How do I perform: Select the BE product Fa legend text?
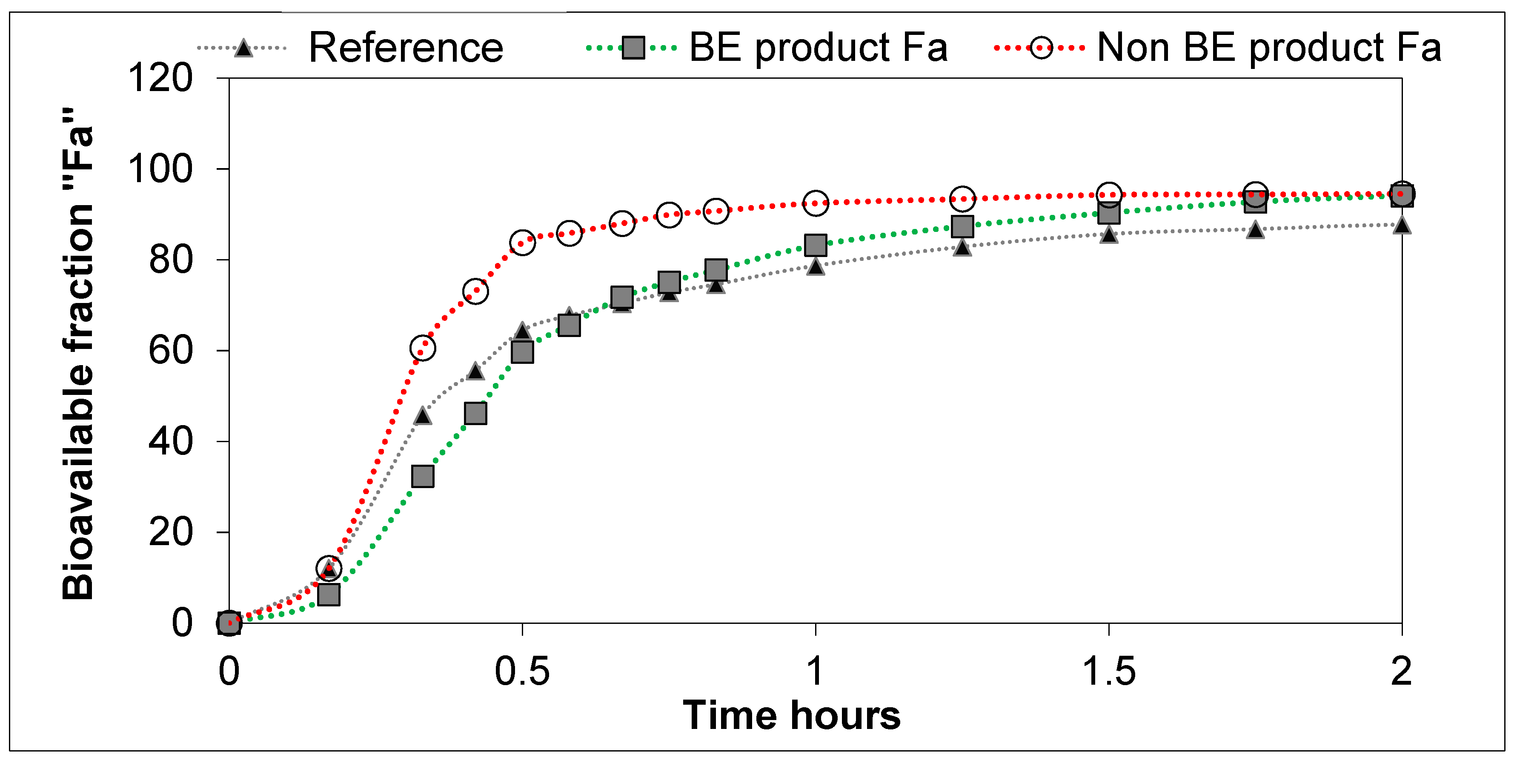tap(818, 47)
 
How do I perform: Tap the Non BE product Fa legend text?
tap(1269, 47)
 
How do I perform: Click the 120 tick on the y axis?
tap(160, 78)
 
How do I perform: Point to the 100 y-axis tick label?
tap(160, 169)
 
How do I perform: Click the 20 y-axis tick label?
tap(171, 532)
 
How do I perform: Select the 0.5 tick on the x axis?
tap(522, 671)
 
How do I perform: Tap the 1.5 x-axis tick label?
tap(1109, 671)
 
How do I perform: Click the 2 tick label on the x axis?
tap(1402, 671)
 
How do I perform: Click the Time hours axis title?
tap(791, 715)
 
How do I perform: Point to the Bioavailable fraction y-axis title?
tap(78, 353)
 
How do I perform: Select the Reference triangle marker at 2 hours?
tap(1402, 225)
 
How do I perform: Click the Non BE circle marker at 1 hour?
tap(816, 203)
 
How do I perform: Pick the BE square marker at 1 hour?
tap(816, 245)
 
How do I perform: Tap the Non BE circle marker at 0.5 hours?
tap(522, 242)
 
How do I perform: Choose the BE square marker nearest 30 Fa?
tap(423, 476)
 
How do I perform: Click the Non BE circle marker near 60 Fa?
tap(423, 348)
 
